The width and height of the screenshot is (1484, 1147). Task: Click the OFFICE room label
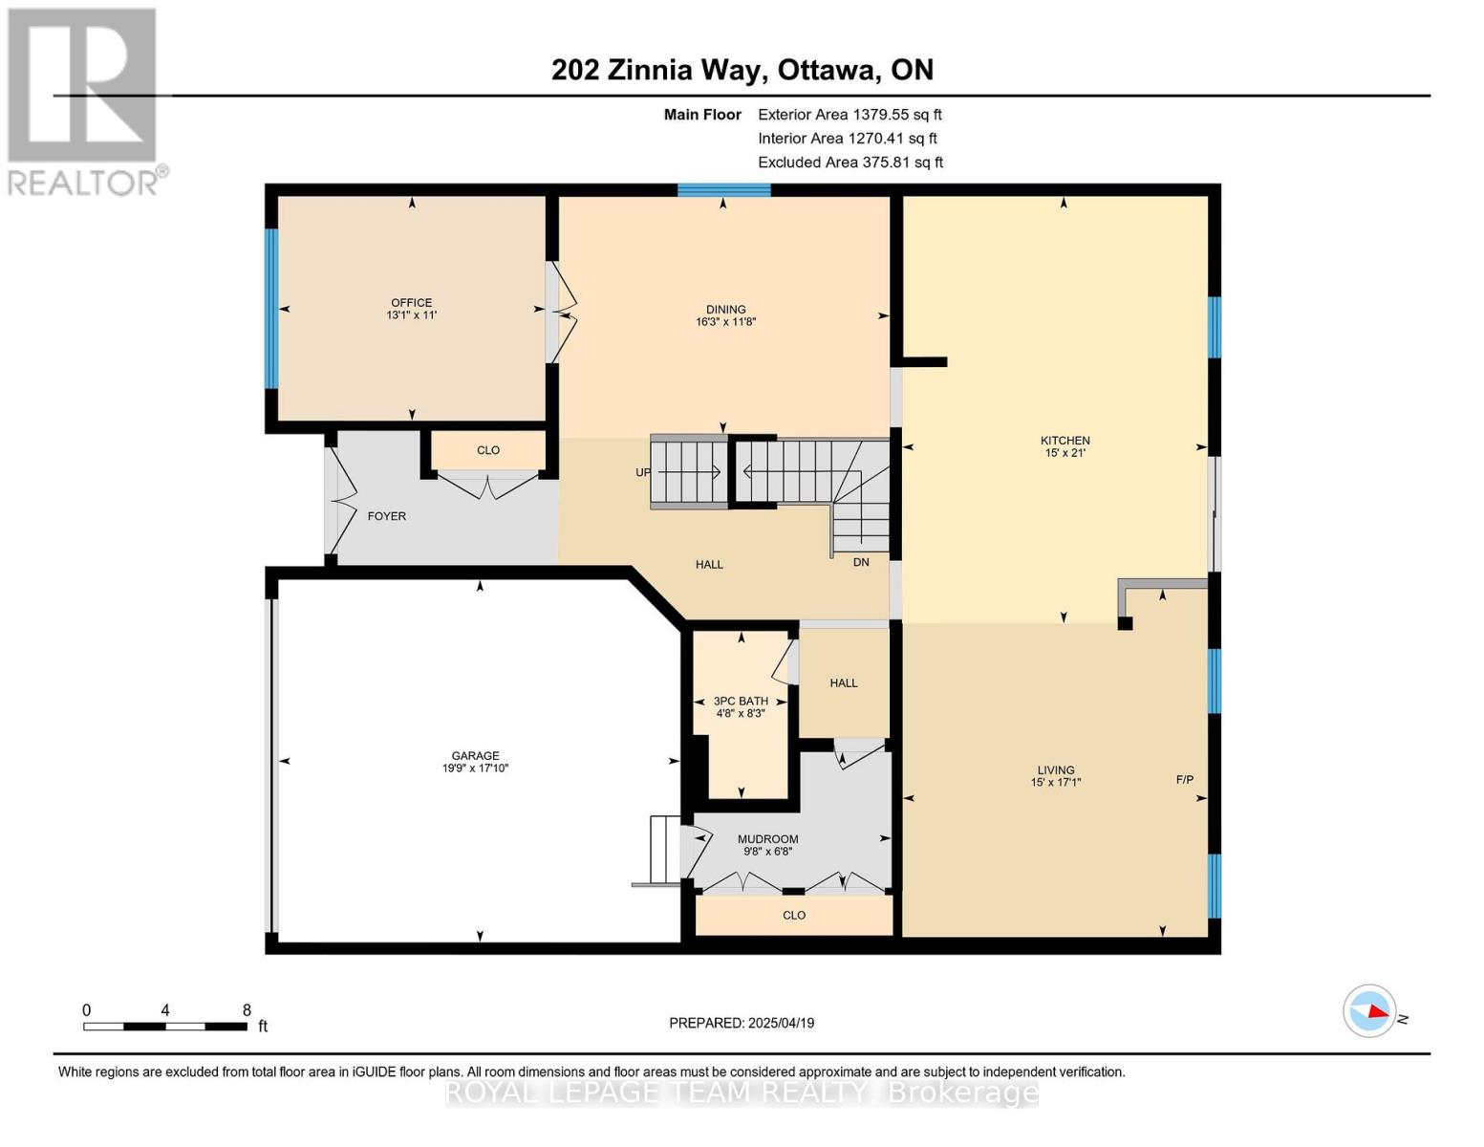coord(411,303)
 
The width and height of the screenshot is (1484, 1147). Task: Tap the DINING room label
coord(725,310)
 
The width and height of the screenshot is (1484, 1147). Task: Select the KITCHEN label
coord(1065,441)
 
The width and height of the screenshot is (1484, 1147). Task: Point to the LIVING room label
coord(1056,770)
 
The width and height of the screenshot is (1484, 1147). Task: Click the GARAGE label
coord(475,756)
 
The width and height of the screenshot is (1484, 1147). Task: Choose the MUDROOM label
coord(767,839)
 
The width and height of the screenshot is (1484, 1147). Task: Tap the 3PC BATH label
coord(741,701)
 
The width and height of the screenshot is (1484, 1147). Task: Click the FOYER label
coord(387,516)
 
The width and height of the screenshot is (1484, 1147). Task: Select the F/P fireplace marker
coord(1184,780)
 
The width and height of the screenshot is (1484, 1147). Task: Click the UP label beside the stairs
coord(643,472)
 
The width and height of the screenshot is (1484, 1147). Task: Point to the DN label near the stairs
coord(861,562)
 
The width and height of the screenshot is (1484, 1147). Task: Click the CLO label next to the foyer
coord(488,450)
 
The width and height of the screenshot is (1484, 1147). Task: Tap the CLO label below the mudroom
coord(794,915)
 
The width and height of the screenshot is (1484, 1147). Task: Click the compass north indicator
coord(1370,1010)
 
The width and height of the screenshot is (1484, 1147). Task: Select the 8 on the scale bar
coord(247,1010)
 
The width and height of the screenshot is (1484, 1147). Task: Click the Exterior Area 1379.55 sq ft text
coord(850,114)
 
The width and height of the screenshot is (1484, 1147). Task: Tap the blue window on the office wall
coord(271,309)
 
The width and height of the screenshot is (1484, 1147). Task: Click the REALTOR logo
coord(83,100)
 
